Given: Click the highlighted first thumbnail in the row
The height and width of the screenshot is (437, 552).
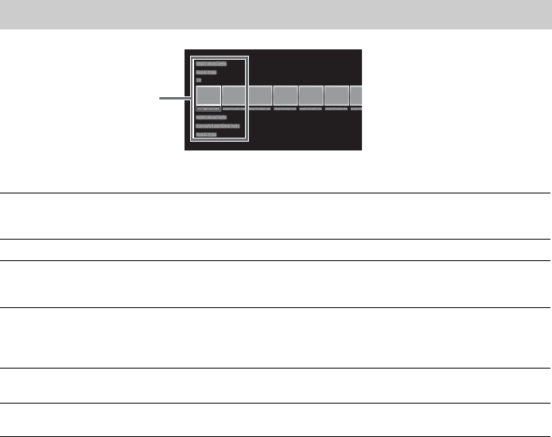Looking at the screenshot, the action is tap(208, 96).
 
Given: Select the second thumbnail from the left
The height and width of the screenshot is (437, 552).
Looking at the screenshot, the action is tap(234, 96).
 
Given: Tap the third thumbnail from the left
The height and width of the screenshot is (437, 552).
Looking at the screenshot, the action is tap(259, 96).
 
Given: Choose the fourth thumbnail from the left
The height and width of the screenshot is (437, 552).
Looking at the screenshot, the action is tap(285, 96).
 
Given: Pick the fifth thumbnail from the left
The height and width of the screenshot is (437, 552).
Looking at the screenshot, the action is tap(310, 96).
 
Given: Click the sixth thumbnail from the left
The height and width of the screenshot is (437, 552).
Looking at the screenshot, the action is tap(336, 96).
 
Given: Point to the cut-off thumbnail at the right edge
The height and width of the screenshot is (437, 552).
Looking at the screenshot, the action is tap(356, 96).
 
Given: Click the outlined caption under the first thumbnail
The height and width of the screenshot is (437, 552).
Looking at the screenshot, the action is tap(208, 109).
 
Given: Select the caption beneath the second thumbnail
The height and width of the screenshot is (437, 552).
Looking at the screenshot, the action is tap(234, 109).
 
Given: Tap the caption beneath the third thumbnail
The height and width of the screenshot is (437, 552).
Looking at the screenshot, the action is tap(259, 109).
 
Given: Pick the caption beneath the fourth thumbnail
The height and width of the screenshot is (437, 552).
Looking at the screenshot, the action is tap(285, 109).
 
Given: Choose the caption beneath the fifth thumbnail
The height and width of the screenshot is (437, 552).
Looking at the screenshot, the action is tap(310, 109).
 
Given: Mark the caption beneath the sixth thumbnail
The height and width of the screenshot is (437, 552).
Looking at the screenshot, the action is tap(336, 109).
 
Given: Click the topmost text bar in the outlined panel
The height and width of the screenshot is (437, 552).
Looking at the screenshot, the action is tap(211, 62).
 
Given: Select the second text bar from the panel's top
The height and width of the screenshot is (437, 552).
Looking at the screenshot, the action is tap(205, 72).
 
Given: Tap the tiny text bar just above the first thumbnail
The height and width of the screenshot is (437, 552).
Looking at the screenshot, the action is tap(199, 80).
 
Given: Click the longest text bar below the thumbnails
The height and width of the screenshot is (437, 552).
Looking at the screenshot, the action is tap(217, 126).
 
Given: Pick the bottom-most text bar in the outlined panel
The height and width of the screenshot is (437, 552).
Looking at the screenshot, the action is tap(206, 135).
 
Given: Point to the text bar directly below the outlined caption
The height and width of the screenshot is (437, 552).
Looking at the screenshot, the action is tap(211, 117).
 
